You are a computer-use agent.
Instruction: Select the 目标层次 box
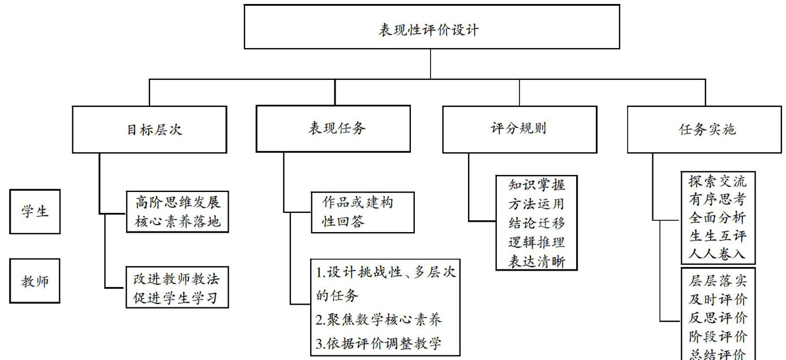pos(149,129)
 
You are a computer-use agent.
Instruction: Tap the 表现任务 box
pos(333,128)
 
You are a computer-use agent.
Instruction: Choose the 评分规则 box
pos(519,128)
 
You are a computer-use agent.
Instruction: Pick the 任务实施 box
pos(705,129)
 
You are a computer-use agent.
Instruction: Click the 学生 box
pos(35,212)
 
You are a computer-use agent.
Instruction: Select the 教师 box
pos(35,281)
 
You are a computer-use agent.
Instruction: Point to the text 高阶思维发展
pos(178,202)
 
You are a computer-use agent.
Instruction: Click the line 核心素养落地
pos(178,221)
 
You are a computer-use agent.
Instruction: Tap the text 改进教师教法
pos(177,278)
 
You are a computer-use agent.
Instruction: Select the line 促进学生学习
pos(177,298)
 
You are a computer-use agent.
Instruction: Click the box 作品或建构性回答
pos(363,212)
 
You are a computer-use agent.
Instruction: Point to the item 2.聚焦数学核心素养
pos(379,320)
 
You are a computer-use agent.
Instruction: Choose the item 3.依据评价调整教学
pos(379,344)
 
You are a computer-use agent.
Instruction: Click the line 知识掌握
pos(536,185)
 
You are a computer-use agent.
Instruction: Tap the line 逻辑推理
pos(536,243)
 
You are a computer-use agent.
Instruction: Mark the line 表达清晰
pos(536,262)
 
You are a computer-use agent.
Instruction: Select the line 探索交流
pos(718,182)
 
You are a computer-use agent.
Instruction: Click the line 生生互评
pos(718,236)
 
